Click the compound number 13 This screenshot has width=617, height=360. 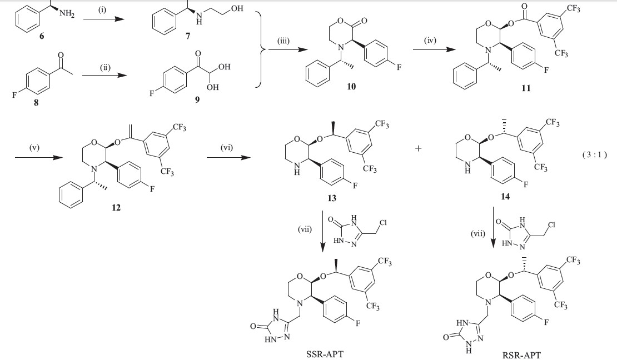[332, 197]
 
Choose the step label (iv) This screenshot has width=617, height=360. [425, 41]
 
